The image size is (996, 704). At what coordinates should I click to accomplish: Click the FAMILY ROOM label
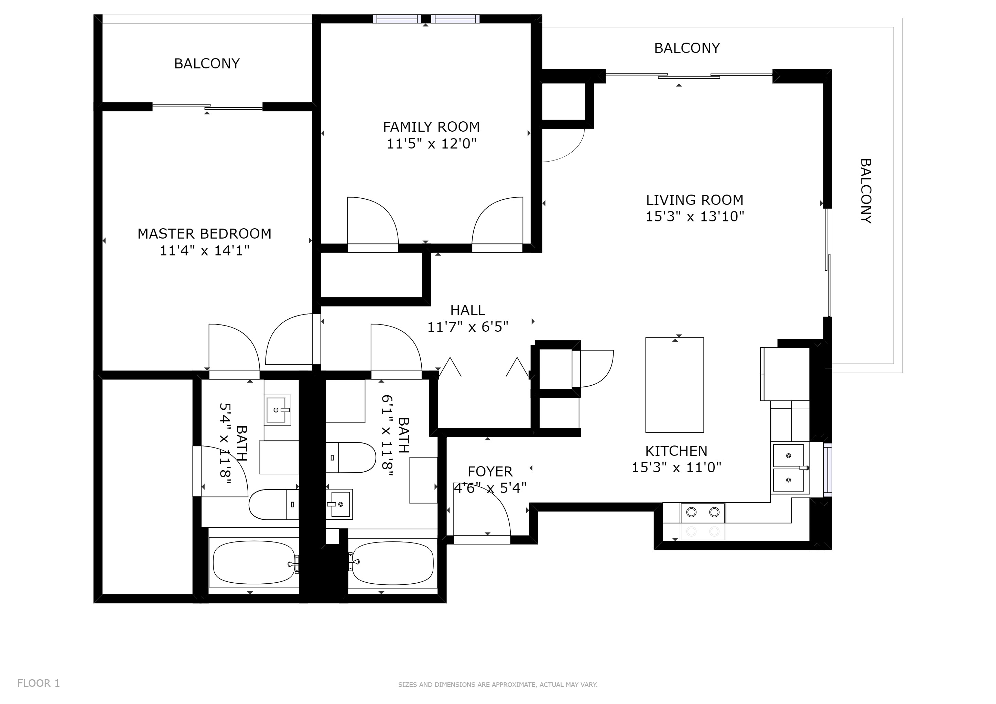(431, 127)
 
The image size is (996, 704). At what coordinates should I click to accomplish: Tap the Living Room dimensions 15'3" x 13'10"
(694, 216)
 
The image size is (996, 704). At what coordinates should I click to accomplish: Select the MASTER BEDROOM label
(204, 234)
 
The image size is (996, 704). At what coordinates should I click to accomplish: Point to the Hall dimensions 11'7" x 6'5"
(468, 327)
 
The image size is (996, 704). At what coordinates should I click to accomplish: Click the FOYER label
(490, 472)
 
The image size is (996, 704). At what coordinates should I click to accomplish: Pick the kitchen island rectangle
(674, 385)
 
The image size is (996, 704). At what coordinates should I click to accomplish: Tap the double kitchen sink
(789, 468)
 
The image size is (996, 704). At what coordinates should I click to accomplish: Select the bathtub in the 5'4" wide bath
(254, 563)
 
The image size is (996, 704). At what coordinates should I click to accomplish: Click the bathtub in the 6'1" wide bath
(392, 563)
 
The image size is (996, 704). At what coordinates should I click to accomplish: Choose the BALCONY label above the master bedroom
(207, 64)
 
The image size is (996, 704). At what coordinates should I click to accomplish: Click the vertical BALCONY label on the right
(865, 191)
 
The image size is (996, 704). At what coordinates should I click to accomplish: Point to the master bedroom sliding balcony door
(207, 107)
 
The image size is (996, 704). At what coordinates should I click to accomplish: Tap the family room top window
(426, 19)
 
